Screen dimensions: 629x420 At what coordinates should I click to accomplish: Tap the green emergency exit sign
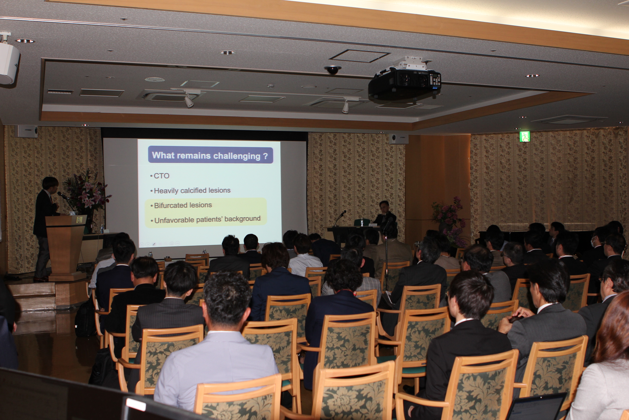(x=524, y=137)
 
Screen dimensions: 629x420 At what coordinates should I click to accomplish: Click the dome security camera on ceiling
(x=333, y=70)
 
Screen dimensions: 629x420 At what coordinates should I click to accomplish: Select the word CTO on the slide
(x=161, y=176)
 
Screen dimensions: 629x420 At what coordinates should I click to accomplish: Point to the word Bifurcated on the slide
(x=170, y=205)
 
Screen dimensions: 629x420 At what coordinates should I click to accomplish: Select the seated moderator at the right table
(x=384, y=213)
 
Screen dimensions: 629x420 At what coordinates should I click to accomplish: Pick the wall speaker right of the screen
(x=398, y=139)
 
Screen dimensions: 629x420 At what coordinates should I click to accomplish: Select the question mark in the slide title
(x=265, y=156)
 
